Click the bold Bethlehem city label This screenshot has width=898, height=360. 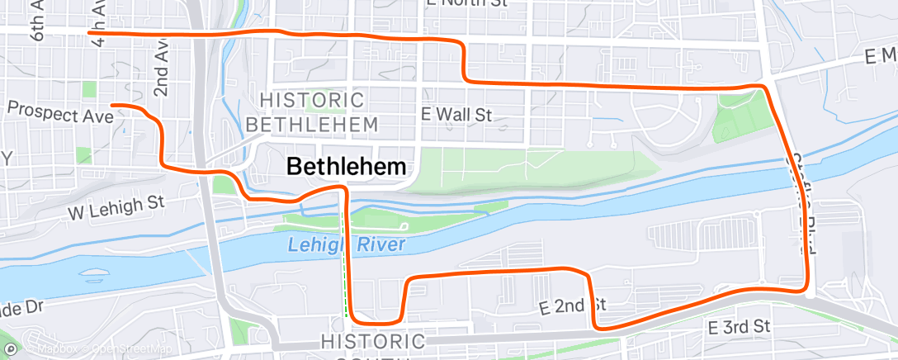[x=346, y=166]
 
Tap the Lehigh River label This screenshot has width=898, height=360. [x=347, y=244]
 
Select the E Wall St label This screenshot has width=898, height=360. [x=456, y=114]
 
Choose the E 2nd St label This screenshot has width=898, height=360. [x=573, y=307]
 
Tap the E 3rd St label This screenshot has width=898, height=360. [x=739, y=327]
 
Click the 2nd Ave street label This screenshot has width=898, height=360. [x=161, y=69]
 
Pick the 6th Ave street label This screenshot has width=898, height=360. [x=37, y=20]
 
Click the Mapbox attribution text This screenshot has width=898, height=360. [x=51, y=349]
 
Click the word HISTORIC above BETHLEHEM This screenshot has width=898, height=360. [x=312, y=100]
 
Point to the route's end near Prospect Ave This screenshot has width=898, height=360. [x=112, y=105]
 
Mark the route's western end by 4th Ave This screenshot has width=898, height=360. [x=89, y=32]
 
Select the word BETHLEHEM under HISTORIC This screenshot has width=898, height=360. [x=312, y=125]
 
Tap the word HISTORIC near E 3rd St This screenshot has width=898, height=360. [x=372, y=341]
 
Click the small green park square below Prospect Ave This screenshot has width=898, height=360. [x=83, y=154]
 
